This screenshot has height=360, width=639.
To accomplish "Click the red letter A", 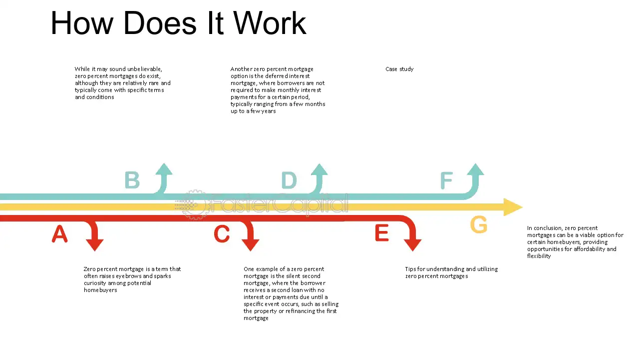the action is pos(59,233).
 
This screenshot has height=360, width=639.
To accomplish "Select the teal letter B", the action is pos(132,179).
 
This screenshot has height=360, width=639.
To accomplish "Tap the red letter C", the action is pos(222,233).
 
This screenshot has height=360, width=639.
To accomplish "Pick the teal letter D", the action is pos(289,180).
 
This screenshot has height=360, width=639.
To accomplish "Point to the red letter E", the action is pos(382,233).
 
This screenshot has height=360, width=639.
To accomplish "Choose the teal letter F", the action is pos(446,180).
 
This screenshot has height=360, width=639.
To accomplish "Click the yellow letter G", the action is pos(479,224).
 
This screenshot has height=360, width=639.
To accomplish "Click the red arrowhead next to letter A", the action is pos(95,245).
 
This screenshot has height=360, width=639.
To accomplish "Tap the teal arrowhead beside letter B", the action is pos(164,169).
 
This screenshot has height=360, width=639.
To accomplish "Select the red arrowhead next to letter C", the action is pos(251,245).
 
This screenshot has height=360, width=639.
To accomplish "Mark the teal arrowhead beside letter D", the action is pos(319,169).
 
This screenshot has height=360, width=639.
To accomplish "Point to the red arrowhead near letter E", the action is pos(412,245).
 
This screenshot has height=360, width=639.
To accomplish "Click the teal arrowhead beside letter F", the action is pos(475,169).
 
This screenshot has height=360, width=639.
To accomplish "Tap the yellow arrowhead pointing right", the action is pos(513,207).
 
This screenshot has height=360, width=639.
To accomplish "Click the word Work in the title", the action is pos(270,23).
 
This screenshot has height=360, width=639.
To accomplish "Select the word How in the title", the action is pos(82,23).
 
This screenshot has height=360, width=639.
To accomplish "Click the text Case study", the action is pos(399,69).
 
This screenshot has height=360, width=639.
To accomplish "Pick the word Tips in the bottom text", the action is pos(410,269).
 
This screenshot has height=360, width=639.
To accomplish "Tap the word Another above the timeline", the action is pos(241,69).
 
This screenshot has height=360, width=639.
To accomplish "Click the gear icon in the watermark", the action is pos(195,204).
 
